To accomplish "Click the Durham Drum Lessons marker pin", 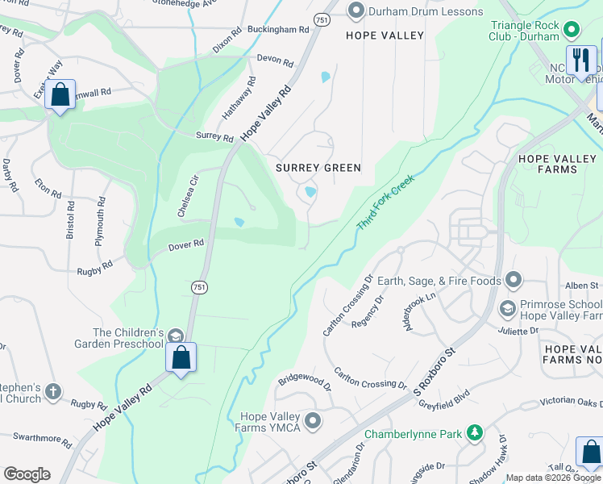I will pyautogui.click(x=356, y=10).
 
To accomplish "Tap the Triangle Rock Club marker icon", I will pyautogui.click(x=572, y=31).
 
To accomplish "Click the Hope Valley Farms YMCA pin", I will pyautogui.click(x=313, y=421).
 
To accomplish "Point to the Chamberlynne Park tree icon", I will pyautogui.click(x=475, y=434).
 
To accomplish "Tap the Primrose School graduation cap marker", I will pyautogui.click(x=507, y=308).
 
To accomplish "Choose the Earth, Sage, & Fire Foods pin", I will pyautogui.click(x=514, y=281).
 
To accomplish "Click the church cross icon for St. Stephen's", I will pyautogui.click(x=52, y=390).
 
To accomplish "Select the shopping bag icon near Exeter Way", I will pyautogui.click(x=60, y=95).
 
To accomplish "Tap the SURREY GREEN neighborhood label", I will pyautogui.click(x=318, y=168).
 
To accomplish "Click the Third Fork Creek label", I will pyautogui.click(x=385, y=201).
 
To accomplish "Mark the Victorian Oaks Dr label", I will pyautogui.click(x=568, y=401).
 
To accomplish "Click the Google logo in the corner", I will pyautogui.click(x=27, y=474).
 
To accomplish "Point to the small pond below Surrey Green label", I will pyautogui.click(x=310, y=192).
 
